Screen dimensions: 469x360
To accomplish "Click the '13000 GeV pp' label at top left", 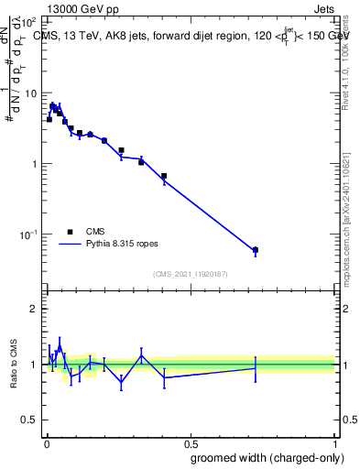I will point(81,8).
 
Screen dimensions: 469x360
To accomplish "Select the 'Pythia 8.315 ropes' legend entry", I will point(113,245).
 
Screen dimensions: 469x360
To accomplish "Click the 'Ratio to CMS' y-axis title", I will point(14,364).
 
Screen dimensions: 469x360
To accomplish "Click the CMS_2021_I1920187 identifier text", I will point(189,273).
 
